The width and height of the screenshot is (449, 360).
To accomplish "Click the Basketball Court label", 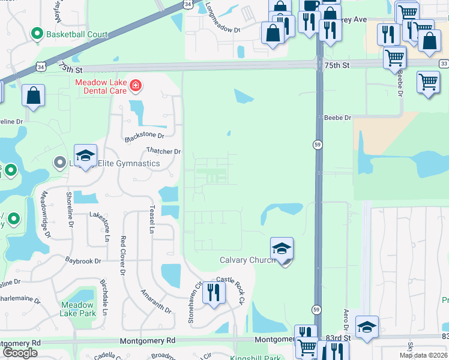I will point(77,34).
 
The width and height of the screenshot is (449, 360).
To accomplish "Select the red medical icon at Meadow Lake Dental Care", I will point(136,86).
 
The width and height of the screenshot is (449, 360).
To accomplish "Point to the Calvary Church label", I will point(247,260).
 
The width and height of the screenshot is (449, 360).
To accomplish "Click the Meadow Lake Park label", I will point(78,309).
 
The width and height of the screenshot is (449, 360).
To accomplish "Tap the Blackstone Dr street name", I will point(145,137).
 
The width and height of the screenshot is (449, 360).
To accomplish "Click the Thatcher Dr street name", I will point(164,152).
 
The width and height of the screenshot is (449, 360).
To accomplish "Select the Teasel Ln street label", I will point(152,220).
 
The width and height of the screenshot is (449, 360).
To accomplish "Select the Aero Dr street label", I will point(346,318).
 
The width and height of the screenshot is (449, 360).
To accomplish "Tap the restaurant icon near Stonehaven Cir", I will point(213,293).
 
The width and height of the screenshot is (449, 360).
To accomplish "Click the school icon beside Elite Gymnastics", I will point(86,155).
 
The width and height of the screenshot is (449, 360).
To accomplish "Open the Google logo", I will point(20,353).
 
